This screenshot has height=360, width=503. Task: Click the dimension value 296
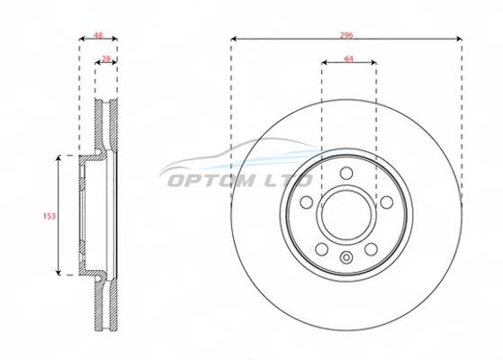click(346, 35)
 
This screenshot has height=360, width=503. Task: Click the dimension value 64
click(348, 58)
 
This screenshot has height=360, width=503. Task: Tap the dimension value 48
click(98, 35)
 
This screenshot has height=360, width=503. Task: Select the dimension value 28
click(106, 58)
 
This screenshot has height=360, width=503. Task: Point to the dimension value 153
click(49, 216)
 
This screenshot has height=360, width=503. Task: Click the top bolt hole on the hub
click(346, 174)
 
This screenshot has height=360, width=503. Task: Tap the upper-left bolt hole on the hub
click(306, 202)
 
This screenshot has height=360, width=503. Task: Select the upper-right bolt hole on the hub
click(386, 202)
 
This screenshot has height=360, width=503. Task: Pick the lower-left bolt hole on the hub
click(321, 249)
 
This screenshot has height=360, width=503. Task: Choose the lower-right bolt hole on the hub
click(371, 249)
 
